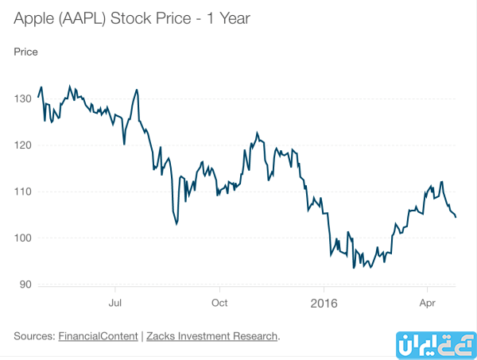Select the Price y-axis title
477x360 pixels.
25,52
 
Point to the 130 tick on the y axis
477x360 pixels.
21,98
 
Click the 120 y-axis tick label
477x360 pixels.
21,145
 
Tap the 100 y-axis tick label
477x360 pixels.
21,238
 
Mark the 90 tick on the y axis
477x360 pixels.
24,285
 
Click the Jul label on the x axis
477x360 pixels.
115,303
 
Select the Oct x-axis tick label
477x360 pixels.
219,303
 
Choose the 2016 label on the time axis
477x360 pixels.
324,303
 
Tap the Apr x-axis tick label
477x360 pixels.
428,303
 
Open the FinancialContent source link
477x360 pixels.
98,336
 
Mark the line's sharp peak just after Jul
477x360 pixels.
137,90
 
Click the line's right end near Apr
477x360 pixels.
456,217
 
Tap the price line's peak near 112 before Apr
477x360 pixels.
440,182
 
